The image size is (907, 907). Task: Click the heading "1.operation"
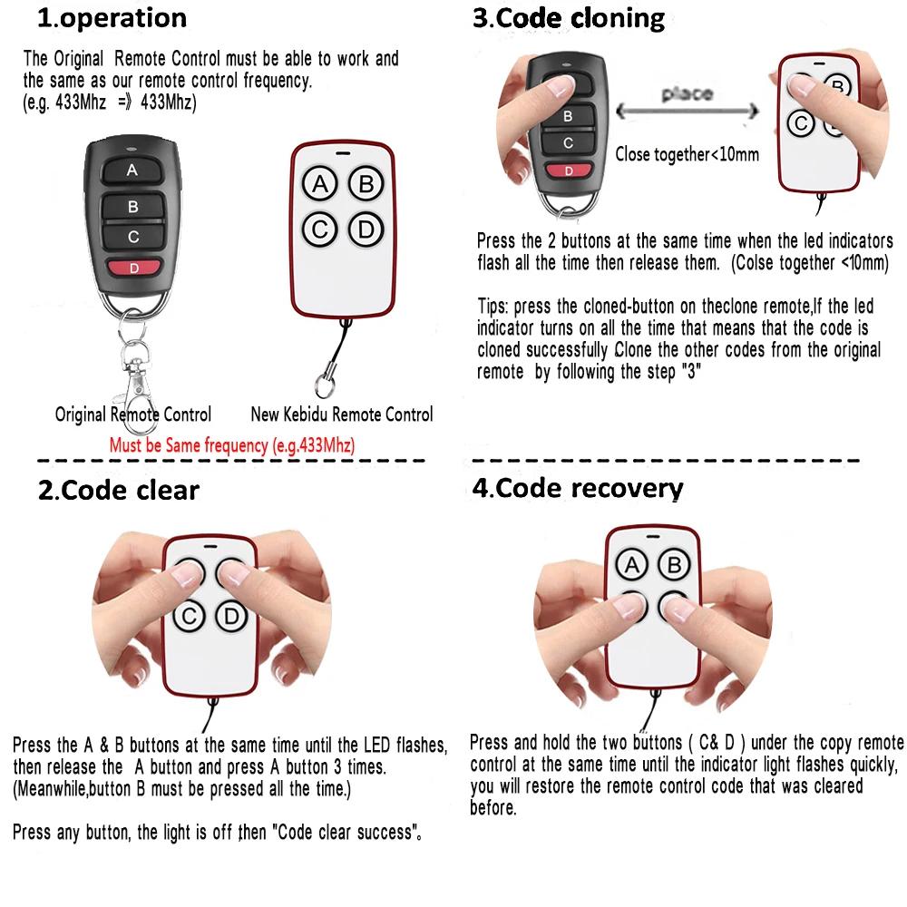112,18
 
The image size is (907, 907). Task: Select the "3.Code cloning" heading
569,18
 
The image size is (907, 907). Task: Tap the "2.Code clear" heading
118,491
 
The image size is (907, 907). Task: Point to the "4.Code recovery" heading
577,488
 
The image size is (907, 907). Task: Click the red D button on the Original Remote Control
132,268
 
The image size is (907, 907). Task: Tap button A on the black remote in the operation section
132,171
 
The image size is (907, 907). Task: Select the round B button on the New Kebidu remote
366,185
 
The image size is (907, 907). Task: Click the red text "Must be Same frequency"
231,445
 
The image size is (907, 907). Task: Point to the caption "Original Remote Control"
133,414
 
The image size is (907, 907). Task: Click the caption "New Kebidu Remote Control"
341,414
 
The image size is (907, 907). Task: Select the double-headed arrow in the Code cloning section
688,112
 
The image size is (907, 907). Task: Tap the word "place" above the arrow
687,93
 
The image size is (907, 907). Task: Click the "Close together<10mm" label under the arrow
687,154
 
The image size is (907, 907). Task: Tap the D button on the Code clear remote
231,617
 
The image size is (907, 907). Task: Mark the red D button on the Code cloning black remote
569,171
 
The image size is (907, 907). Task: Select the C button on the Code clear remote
189,617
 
